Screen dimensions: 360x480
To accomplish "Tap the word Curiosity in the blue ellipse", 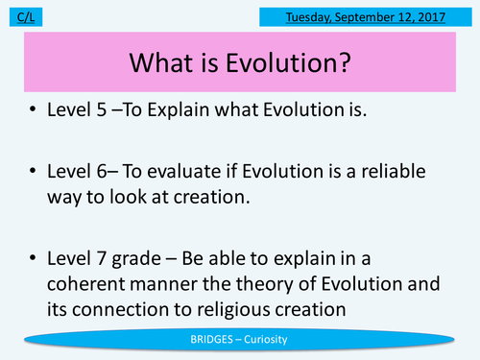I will pyautogui.click(x=274, y=340).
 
